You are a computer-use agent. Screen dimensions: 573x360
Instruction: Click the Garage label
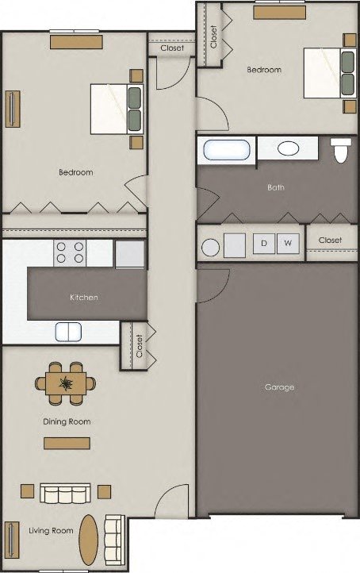pyautogui.click(x=279, y=387)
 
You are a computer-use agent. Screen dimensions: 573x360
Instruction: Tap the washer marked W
pyautogui.click(x=288, y=244)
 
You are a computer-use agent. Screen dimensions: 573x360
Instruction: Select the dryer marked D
pyautogui.click(x=263, y=244)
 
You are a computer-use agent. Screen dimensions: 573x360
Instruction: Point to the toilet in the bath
pyautogui.click(x=341, y=149)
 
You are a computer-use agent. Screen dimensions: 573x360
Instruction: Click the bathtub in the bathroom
pyautogui.click(x=227, y=149)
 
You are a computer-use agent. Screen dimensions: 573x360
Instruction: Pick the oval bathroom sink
pyautogui.click(x=287, y=148)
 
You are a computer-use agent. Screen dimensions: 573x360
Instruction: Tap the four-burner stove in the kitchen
pyautogui.click(x=70, y=252)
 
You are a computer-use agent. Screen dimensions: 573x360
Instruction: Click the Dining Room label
pyautogui.click(x=67, y=421)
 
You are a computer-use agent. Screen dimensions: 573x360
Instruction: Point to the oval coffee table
pyautogui.click(x=88, y=540)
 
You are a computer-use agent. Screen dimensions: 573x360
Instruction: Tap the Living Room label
pyautogui.click(x=51, y=530)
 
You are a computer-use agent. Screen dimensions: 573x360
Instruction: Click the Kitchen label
pyautogui.click(x=84, y=297)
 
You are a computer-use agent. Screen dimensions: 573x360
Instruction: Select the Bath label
pyautogui.click(x=276, y=188)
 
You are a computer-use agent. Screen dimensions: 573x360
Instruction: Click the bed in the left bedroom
pyautogui.click(x=116, y=110)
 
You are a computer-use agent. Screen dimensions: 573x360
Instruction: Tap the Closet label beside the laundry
pyautogui.click(x=330, y=240)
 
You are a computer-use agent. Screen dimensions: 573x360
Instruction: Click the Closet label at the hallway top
pyautogui.click(x=171, y=48)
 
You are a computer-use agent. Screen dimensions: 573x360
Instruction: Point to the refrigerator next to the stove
pyautogui.click(x=129, y=254)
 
